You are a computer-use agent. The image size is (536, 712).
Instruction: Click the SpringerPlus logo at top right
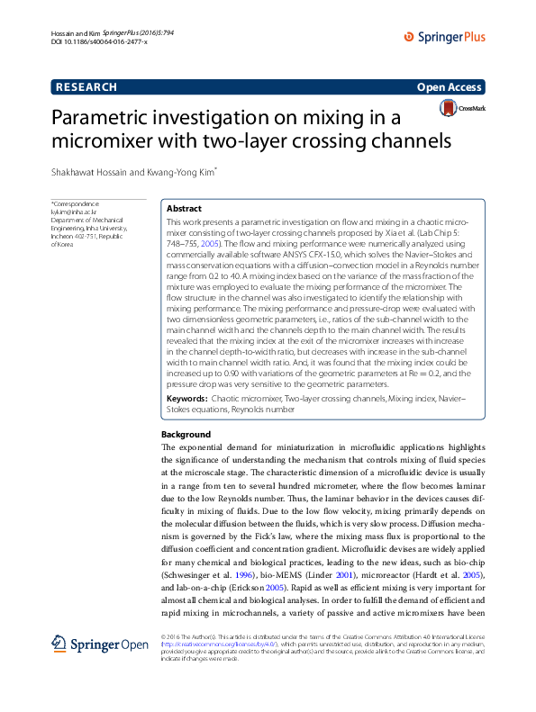445,37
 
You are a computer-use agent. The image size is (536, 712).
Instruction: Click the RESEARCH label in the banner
86,87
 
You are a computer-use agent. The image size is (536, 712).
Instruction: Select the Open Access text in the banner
450,87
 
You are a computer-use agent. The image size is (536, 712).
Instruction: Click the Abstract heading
185,208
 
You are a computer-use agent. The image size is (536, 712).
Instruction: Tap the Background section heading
185,434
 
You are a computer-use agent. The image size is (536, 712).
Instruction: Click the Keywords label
188,397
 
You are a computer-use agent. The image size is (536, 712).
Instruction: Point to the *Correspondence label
76,203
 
